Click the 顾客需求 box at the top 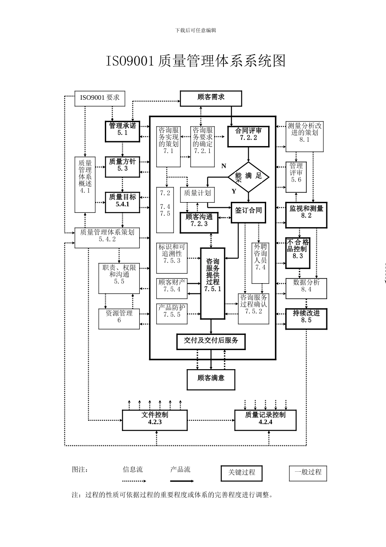(211, 98)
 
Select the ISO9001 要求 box (100, 98)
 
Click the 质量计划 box (197, 194)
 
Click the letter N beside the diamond (223, 166)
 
